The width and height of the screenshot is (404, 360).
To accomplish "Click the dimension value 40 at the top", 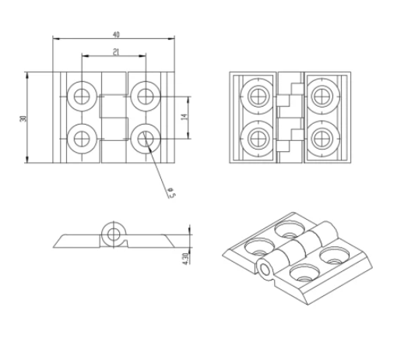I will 116,35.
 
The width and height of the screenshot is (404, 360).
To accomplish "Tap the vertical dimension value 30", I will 23,118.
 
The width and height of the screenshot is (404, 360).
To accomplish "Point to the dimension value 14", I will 184,117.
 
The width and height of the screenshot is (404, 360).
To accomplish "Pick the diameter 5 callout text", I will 171,190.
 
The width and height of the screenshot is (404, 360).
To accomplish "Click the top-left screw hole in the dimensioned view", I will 82,96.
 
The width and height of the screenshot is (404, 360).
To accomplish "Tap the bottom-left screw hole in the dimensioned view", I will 82,139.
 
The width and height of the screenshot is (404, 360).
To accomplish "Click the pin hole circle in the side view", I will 114,234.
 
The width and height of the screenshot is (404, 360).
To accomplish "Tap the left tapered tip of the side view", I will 56,246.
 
